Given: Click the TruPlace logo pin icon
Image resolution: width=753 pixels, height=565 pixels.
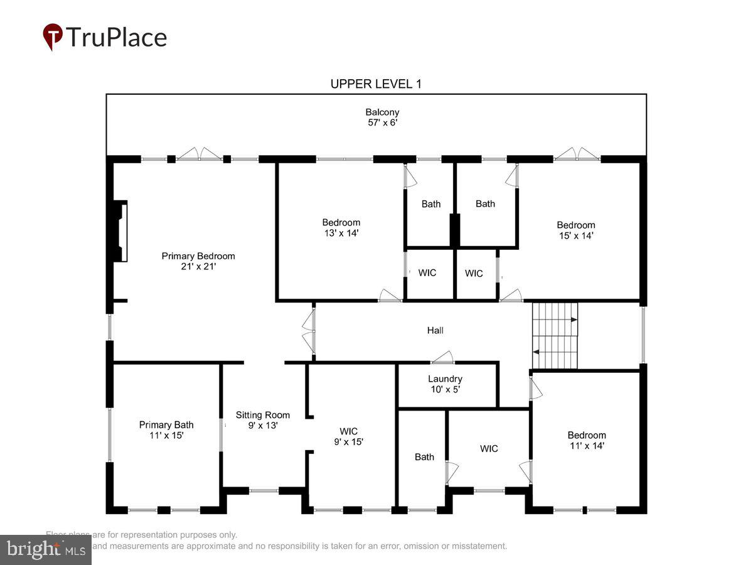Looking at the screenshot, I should [53, 37].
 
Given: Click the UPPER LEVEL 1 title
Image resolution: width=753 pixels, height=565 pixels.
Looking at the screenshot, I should [376, 84].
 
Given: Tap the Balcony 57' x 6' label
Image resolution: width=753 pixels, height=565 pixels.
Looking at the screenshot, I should [382, 117].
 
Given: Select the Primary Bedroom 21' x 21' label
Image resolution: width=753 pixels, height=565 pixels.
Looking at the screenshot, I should [198, 261].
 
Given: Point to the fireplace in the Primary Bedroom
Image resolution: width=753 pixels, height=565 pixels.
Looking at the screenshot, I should [119, 230].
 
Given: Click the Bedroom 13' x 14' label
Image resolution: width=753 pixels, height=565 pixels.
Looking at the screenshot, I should [341, 227].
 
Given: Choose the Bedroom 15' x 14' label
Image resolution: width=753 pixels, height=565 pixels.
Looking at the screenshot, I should [576, 230].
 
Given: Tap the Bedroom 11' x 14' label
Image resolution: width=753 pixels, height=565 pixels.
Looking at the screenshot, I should [587, 440].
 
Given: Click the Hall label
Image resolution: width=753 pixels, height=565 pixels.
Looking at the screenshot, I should [435, 330].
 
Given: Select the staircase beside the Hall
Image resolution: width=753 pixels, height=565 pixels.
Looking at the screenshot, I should [555, 335].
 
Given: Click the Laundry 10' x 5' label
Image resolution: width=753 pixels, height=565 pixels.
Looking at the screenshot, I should [445, 384].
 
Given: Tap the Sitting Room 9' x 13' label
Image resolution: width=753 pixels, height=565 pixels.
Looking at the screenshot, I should [263, 420].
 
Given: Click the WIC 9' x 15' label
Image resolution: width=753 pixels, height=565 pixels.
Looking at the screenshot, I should [349, 436].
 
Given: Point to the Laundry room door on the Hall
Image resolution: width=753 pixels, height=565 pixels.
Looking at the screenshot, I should [442, 358].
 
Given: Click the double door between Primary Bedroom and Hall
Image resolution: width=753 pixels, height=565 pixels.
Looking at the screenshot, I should [308, 331].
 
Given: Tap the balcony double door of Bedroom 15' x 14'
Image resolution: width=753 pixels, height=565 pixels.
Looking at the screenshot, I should [577, 154].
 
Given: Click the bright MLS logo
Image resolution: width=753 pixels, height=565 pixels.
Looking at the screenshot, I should [45, 550].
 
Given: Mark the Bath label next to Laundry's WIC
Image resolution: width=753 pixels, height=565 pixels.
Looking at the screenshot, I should [424, 457].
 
